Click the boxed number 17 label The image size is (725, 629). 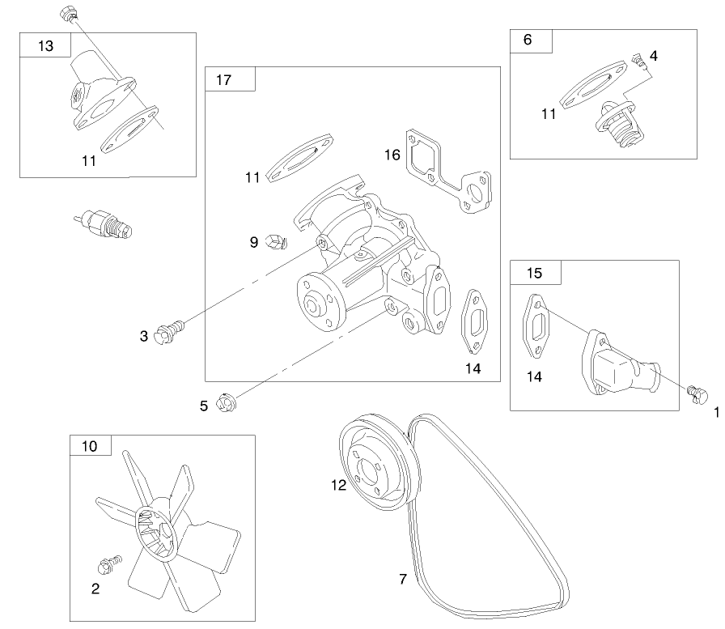(x=224, y=79)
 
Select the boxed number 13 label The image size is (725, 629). (x=45, y=46)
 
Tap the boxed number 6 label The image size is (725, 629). (x=528, y=40)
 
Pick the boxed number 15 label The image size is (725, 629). (x=534, y=273)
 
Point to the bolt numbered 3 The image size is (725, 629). (x=170, y=329)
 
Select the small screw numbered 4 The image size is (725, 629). (x=636, y=59)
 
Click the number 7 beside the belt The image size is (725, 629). (x=402, y=579)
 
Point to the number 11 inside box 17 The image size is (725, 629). (x=253, y=176)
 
